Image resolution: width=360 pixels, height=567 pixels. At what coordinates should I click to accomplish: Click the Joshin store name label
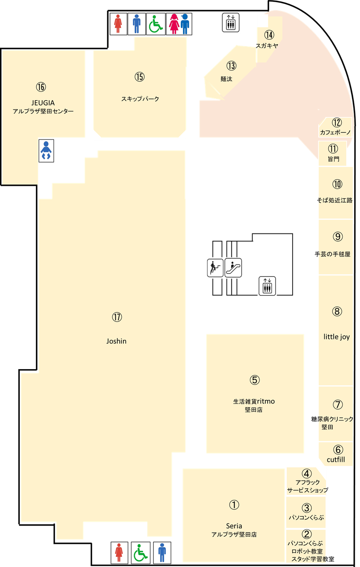[116, 341]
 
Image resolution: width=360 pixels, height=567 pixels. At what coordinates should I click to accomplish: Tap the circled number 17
[117, 317]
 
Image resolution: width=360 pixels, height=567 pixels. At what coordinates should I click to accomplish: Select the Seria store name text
[234, 526]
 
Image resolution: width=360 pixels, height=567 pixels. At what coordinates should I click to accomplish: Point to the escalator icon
[233, 268]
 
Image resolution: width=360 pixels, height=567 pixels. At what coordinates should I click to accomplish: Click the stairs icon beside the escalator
[215, 267]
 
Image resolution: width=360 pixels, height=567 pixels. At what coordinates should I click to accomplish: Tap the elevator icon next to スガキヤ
[230, 22]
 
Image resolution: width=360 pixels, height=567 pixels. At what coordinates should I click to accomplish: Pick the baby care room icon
[46, 151]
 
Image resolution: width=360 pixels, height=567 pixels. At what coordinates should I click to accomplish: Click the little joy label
[336, 337]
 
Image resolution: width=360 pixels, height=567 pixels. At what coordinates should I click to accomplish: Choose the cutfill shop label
[336, 460]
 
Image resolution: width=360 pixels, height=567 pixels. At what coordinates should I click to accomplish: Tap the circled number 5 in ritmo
[254, 380]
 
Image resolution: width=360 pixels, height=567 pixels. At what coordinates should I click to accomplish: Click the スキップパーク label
[140, 99]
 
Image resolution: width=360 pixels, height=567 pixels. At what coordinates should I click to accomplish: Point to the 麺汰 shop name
[226, 79]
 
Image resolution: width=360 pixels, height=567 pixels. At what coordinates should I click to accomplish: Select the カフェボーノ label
[335, 132]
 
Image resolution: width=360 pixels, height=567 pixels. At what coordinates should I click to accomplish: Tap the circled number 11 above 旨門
[333, 149]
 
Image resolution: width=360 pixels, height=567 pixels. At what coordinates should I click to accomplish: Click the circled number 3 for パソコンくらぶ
[307, 507]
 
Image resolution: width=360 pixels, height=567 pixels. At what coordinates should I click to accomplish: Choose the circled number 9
[338, 236]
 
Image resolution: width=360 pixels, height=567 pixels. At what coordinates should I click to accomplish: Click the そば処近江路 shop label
[335, 200]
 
